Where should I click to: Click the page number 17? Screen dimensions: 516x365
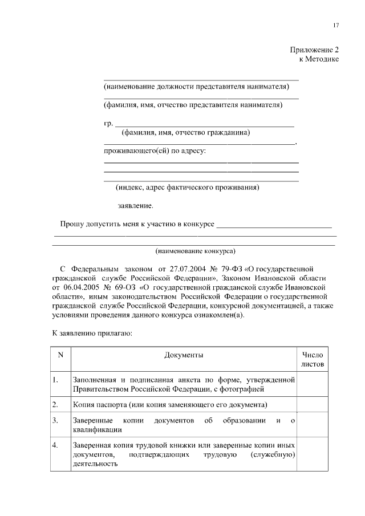tap(336, 26)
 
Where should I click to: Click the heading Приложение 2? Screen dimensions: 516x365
tap(315, 50)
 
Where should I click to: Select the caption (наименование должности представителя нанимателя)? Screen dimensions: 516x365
tap(196, 87)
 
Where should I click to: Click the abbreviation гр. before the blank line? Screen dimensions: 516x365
tap(108, 123)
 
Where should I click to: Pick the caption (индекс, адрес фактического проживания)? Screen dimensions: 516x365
tap(188, 186)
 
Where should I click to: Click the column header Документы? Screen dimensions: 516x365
tap(184, 355)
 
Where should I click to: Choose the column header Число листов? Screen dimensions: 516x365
tap(312, 359)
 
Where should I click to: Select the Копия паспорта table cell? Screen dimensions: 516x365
tap(171, 405)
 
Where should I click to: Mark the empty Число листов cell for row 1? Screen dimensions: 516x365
tap(312, 384)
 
